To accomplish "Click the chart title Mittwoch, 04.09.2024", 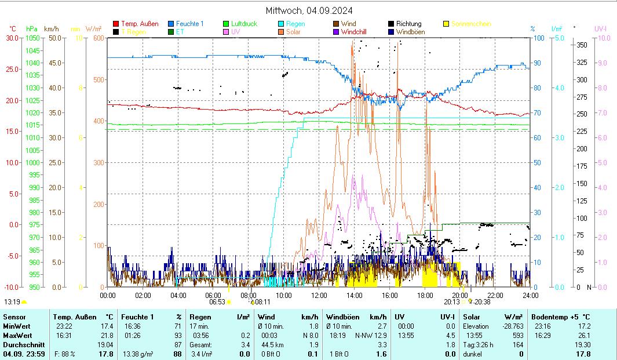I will (x=309, y=10).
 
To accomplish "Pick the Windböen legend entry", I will (x=410, y=32).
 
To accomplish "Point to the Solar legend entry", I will (x=293, y=32).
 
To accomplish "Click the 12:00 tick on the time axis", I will (x=319, y=296).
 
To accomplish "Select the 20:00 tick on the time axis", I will (x=460, y=296).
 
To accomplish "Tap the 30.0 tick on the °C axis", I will (x=12, y=38).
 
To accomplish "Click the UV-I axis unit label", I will (x=601, y=28).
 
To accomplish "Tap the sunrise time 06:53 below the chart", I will (x=217, y=302).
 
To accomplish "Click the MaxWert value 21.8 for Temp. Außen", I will (x=108, y=336).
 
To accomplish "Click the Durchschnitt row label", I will (x=21, y=345).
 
